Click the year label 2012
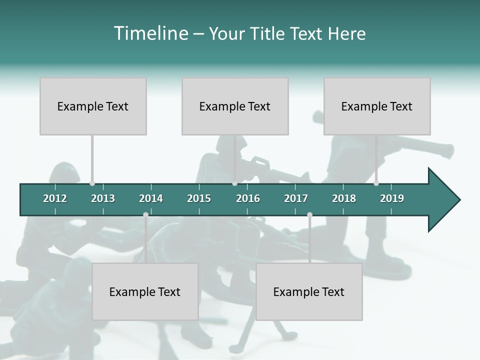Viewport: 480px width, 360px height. click(55, 198)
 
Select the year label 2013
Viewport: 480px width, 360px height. click(103, 198)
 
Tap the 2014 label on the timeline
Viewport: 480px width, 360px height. click(151, 198)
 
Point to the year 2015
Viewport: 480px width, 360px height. click(199, 198)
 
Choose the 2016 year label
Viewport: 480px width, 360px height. click(248, 198)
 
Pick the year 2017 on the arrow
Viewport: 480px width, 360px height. click(296, 198)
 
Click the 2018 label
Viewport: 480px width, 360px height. click(344, 198)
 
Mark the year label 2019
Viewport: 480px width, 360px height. click(392, 198)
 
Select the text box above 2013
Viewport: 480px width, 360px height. click(93, 106)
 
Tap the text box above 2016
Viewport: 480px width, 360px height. click(235, 106)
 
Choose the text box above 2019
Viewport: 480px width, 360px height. click(377, 106)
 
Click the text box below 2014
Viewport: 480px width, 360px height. click(145, 291)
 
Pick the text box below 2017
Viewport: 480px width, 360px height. click(309, 291)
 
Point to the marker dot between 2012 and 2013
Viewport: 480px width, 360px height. click(92, 183)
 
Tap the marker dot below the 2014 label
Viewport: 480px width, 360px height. click(145, 214)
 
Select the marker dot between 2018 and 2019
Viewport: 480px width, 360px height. click(376, 183)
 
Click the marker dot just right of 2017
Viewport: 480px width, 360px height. click(309, 214)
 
